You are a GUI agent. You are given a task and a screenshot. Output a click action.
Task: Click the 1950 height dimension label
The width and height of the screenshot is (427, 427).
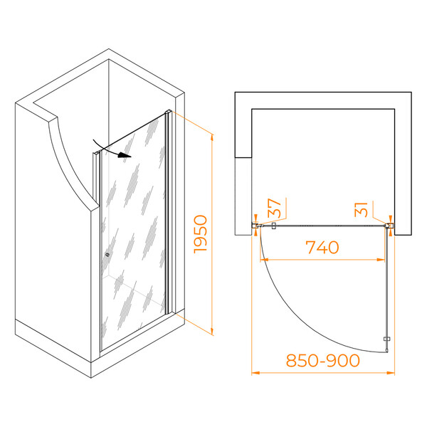(201, 234)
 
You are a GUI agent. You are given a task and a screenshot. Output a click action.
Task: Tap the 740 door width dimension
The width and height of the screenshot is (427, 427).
(322, 247)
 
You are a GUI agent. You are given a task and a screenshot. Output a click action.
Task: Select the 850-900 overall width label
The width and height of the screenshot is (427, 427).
(323, 360)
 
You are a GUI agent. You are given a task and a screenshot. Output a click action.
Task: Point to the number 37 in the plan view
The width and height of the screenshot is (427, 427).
(274, 208)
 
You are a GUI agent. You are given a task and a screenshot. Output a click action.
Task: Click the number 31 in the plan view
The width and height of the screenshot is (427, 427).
(361, 209)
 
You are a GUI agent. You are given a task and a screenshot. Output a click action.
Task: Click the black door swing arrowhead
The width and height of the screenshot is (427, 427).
(125, 155)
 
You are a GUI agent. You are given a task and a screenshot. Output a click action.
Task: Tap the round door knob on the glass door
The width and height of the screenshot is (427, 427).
(107, 255)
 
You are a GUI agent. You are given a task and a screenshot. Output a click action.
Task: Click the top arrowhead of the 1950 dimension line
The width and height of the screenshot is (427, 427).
(212, 137)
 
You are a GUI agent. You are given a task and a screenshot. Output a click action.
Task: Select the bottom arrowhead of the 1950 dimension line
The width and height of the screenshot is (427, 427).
(212, 332)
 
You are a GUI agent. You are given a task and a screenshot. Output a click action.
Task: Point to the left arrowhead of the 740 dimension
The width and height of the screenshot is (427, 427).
(264, 260)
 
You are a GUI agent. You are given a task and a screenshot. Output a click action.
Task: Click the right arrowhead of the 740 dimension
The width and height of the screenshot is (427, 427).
(381, 260)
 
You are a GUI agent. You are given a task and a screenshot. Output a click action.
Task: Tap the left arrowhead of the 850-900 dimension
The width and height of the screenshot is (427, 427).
(255, 373)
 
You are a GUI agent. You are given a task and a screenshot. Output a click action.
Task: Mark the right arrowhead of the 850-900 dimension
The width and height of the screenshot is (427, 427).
(391, 373)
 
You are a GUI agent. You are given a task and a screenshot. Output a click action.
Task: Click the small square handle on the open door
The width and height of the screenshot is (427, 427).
(386, 339)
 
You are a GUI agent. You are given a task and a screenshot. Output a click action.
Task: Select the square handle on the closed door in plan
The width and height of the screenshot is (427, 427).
(274, 226)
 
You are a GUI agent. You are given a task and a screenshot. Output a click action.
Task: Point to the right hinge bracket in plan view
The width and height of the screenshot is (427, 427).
(390, 226)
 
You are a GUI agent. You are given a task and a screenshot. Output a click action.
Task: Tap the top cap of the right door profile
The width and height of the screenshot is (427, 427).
(168, 112)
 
